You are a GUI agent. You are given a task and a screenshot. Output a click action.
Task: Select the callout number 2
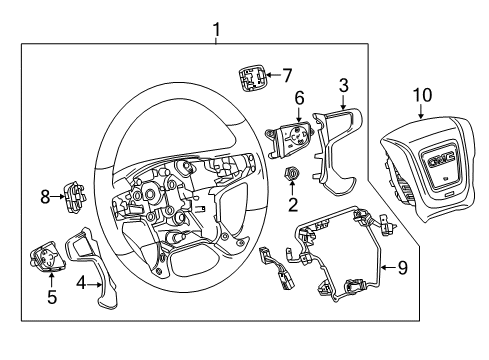[x=293, y=207]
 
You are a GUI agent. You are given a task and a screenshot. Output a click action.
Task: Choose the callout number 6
[x=298, y=97]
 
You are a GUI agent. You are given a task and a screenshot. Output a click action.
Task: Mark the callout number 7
[x=287, y=74]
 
